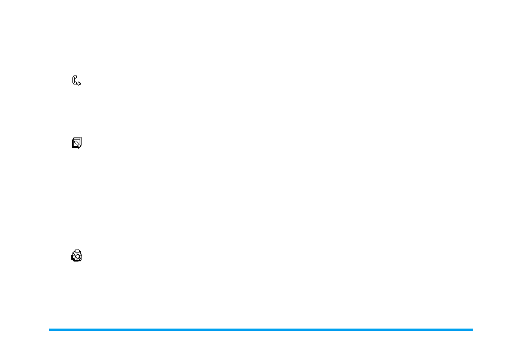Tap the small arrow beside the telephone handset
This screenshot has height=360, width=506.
click(x=79, y=83)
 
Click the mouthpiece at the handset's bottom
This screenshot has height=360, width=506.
click(x=76, y=85)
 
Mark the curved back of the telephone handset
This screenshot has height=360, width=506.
click(x=73, y=80)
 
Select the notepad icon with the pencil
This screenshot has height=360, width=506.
click(x=77, y=143)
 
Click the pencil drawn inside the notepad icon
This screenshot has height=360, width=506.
click(x=77, y=144)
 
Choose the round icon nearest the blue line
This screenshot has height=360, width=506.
click(x=77, y=256)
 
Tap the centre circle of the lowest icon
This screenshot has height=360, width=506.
click(x=77, y=256)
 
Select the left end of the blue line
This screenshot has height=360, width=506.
click(x=50, y=330)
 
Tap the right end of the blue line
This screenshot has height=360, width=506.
click(x=472, y=330)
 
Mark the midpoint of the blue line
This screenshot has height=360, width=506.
click(x=261, y=330)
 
